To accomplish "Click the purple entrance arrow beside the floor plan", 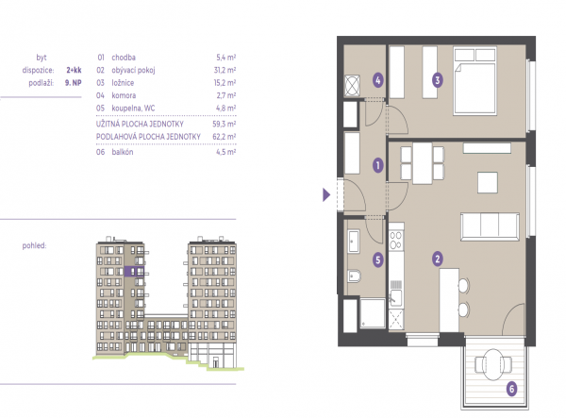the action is click(326, 195).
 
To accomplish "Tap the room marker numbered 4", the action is click(378, 80).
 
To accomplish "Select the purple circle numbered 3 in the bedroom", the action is click(438, 80).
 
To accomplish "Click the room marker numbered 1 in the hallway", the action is click(378, 166).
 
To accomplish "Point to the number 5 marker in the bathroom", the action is click(378, 259).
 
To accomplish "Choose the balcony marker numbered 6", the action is click(511, 389).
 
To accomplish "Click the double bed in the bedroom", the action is click(475, 80).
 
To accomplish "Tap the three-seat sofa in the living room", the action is click(490, 226).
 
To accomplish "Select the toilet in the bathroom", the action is click(354, 276).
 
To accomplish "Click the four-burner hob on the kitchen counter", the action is click(396, 240).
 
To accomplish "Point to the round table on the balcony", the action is click(493, 364).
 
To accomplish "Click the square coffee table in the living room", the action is click(488, 183).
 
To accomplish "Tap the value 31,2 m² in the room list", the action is click(225, 70).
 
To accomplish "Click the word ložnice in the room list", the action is click(123, 83).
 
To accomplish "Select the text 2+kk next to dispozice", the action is click(74, 70).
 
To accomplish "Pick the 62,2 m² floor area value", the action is click(225, 137).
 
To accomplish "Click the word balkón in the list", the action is click(123, 152).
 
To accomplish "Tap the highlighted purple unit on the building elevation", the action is click(134, 272).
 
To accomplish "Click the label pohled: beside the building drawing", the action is click(34, 246).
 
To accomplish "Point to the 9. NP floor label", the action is click(74, 83).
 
